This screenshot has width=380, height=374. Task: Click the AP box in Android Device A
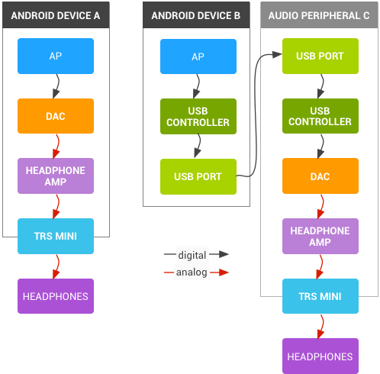(x=56, y=56)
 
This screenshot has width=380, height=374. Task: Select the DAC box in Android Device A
(x=56, y=116)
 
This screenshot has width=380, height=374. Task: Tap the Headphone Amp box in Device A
(x=56, y=176)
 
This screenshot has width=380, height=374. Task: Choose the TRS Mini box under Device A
(x=56, y=236)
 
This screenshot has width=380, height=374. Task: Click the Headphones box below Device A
(x=56, y=296)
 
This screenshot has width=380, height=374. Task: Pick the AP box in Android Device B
(x=198, y=56)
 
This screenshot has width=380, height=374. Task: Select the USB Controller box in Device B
(x=198, y=116)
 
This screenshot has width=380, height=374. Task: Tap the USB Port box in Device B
(x=198, y=176)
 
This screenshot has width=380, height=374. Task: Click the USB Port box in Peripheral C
(x=320, y=56)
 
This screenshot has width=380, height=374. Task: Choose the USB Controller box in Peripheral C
(x=320, y=116)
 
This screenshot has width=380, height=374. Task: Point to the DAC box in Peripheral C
(x=320, y=176)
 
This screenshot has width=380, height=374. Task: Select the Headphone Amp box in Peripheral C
(x=320, y=236)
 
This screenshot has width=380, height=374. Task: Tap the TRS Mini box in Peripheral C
(x=320, y=296)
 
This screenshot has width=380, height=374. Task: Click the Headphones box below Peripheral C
(x=320, y=356)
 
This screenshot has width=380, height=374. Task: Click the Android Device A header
(x=56, y=15)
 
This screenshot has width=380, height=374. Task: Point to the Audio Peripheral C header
(x=320, y=15)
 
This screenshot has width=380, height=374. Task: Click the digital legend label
(x=192, y=255)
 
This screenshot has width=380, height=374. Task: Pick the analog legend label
(x=191, y=272)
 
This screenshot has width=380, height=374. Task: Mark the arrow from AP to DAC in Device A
(x=56, y=86)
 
